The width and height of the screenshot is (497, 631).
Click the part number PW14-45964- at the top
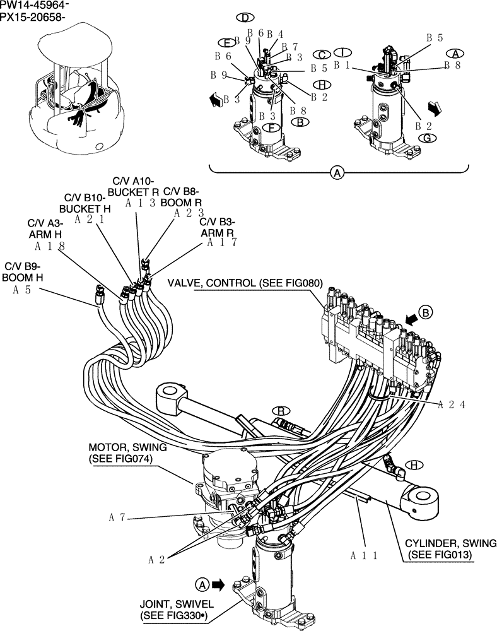(35, 6)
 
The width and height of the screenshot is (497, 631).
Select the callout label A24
(452, 405)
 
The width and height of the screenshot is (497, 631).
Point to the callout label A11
(364, 555)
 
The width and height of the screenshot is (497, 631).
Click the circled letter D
(243, 17)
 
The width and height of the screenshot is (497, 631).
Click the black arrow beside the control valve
(410, 320)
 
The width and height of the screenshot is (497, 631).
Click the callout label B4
(275, 34)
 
